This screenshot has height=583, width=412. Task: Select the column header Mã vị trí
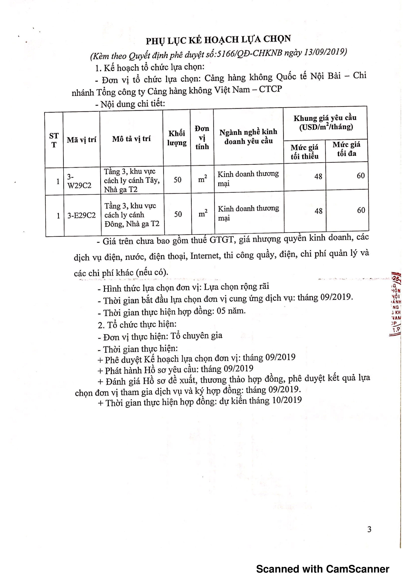point(82,140)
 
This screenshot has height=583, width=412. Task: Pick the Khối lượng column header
point(177,138)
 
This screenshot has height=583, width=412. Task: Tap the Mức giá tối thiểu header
point(304,152)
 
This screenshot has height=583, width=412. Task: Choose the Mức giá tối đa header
point(346,149)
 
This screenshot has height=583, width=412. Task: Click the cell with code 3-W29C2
point(79,181)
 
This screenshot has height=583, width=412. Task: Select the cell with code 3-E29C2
point(82,216)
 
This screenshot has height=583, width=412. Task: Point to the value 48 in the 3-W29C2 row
point(318,176)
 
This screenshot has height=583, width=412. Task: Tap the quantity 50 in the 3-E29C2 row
point(178,214)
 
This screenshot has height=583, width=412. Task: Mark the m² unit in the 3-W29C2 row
point(202,179)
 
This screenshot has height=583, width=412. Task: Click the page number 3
point(369,529)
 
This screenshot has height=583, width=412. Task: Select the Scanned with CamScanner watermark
point(322,569)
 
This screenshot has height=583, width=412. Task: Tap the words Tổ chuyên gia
point(196,336)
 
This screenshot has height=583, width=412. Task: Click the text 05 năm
point(231,311)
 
